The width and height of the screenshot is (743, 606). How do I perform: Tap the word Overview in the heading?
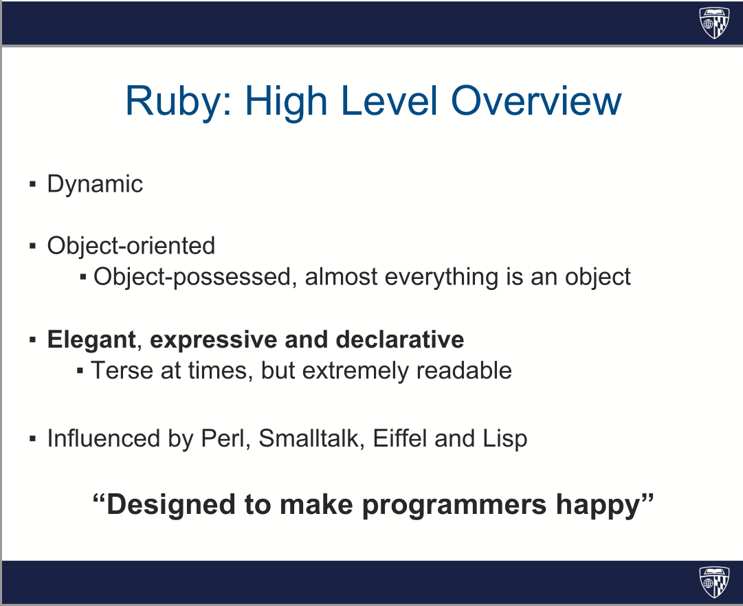click(536, 100)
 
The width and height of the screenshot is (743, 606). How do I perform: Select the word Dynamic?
click(95, 184)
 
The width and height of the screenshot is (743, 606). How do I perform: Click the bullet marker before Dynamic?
click(33, 184)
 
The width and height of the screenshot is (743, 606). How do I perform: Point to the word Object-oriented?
click(131, 246)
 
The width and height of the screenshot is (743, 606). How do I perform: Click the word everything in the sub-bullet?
click(441, 277)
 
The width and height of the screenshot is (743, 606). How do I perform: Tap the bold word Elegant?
click(92, 339)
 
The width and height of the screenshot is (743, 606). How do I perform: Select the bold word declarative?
click(399, 339)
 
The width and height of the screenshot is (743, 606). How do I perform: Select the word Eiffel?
click(400, 438)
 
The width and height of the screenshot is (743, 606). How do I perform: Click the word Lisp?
click(505, 439)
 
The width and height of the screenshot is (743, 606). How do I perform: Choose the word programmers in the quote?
click(454, 505)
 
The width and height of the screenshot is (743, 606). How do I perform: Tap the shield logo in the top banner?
click(715, 22)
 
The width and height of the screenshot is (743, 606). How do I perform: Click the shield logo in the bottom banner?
click(715, 582)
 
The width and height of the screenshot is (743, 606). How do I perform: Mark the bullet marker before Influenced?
click(33, 438)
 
